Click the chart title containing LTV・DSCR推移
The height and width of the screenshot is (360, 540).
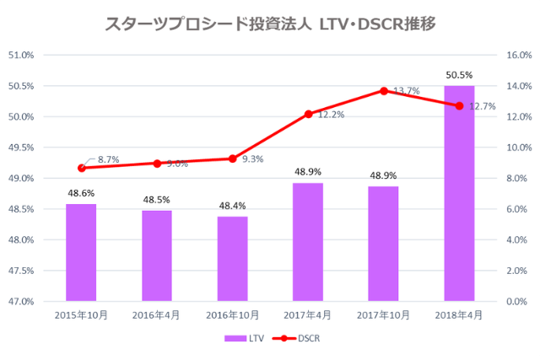[270, 24]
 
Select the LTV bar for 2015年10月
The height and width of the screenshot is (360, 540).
[81, 252]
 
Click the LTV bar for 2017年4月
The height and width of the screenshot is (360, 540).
[308, 242]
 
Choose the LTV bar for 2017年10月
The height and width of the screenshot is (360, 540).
[383, 244]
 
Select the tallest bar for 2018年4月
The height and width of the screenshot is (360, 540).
[459, 193]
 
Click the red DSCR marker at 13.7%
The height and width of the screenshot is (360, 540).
[384, 90]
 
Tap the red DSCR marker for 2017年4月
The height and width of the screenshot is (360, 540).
[308, 114]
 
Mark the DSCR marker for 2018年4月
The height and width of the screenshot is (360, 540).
[459, 106]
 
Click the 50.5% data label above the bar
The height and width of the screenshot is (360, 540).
[459, 75]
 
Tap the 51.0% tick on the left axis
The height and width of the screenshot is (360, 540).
[21, 56]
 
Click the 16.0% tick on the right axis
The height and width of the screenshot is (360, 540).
[516, 56]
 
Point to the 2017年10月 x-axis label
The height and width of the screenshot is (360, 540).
[383, 315]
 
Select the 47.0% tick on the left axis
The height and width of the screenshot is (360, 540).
[21, 301]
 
